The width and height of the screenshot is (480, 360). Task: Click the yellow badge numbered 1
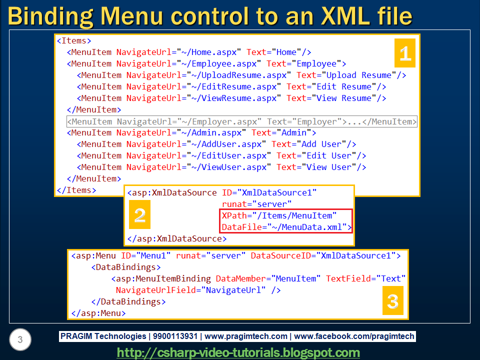[x=405, y=53]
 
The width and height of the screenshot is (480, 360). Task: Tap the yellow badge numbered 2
[x=139, y=215]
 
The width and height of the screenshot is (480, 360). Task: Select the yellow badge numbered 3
[x=393, y=301]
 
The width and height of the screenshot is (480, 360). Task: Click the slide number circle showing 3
[x=20, y=340]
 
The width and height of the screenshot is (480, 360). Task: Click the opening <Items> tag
[x=74, y=40]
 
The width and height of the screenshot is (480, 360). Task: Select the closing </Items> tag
[x=76, y=190]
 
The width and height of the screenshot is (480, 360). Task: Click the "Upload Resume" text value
[x=358, y=75]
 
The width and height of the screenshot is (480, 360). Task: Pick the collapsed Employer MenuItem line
[x=242, y=121]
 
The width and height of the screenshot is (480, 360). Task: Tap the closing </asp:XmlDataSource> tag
[x=173, y=238]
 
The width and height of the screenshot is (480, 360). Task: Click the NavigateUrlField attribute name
[x=152, y=290]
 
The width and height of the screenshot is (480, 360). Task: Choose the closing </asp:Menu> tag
[x=98, y=313]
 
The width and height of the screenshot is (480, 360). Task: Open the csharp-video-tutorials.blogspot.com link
[x=238, y=352]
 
